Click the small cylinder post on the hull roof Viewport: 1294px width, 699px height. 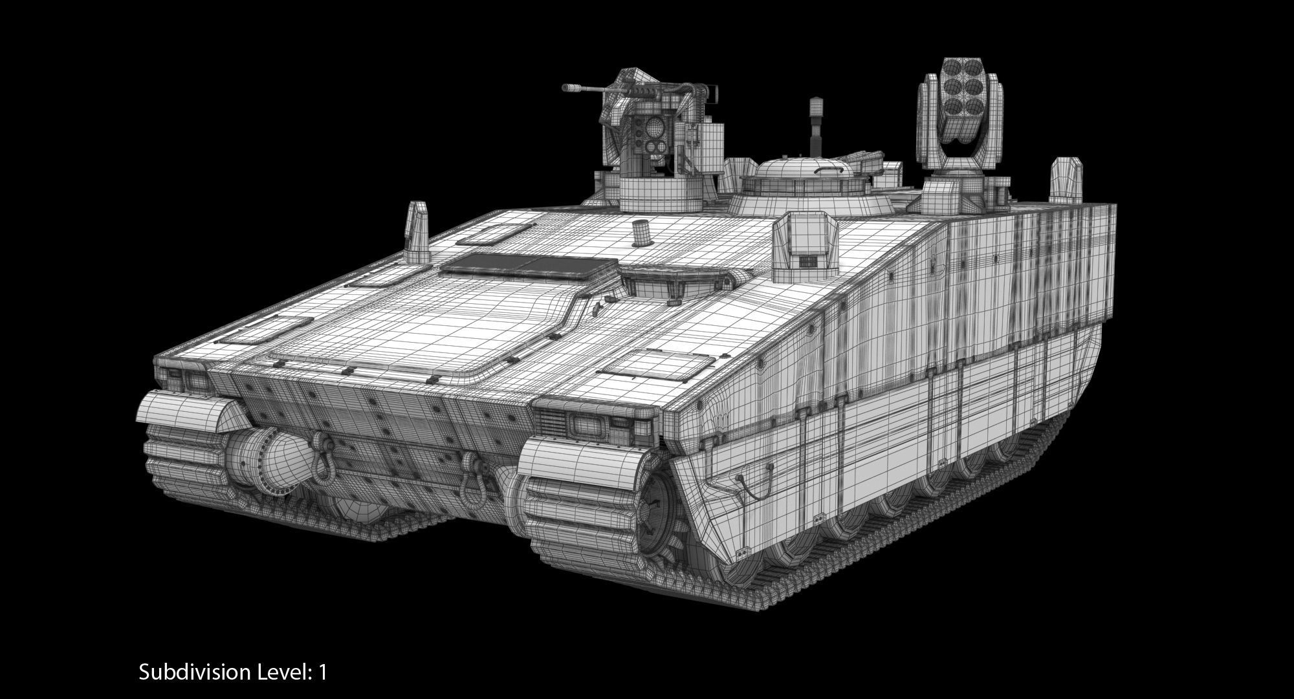641,233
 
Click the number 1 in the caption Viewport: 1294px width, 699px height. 322,672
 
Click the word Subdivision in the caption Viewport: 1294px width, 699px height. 195,672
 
